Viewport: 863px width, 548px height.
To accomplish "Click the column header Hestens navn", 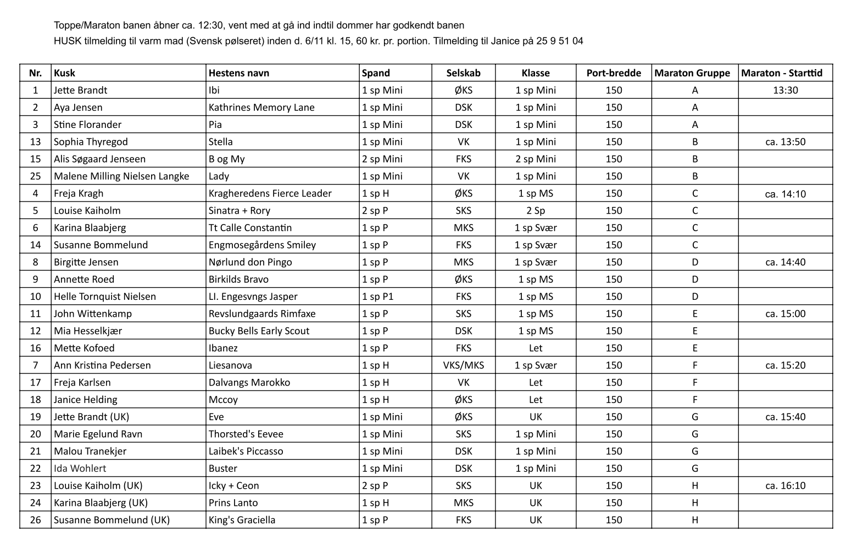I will click(238, 73).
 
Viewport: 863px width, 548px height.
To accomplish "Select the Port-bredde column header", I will click(614, 73).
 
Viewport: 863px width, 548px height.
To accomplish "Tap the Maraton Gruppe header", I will click(692, 73).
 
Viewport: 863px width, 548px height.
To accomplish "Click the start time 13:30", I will click(785, 90).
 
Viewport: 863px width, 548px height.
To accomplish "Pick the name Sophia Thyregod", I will click(91, 142).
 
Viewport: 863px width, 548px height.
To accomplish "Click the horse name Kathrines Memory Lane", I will click(261, 108).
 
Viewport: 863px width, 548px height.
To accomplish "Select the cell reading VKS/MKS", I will click(463, 365).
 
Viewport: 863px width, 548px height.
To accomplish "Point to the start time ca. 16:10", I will click(785, 485).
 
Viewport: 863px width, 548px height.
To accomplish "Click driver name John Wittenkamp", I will click(93, 314).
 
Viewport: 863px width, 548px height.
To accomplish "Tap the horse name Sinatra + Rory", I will click(240, 210).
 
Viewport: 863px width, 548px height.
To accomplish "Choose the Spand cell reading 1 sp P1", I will click(378, 297).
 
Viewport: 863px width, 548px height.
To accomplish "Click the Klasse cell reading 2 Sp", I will click(536, 210).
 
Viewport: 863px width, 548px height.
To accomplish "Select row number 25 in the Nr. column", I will click(36, 176).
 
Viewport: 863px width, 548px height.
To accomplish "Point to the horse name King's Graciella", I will click(242, 520).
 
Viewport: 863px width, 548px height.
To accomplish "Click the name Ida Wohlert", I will click(80, 468).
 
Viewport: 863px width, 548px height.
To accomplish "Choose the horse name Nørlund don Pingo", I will click(250, 262).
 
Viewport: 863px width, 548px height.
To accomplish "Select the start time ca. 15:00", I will click(785, 314).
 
